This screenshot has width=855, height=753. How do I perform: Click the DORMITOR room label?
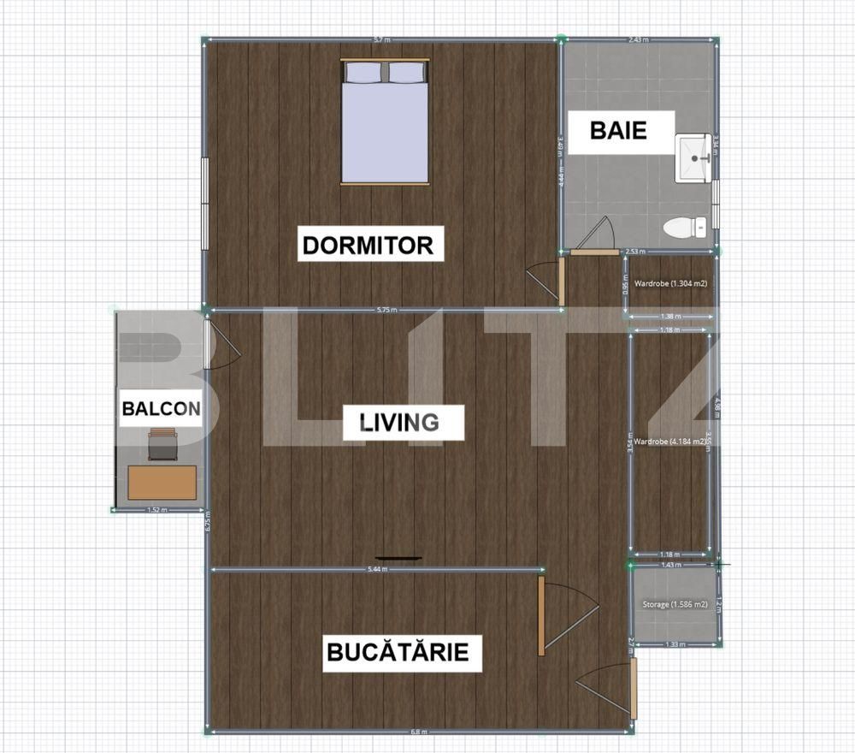[369, 245]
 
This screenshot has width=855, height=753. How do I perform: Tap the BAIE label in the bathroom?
[618, 131]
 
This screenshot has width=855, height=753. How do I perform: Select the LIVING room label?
[399, 422]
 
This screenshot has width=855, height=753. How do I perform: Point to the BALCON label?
[161, 408]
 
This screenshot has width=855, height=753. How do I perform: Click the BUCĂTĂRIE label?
[398, 652]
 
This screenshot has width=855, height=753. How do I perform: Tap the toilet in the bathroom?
[684, 228]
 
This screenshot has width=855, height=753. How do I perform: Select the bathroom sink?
[693, 158]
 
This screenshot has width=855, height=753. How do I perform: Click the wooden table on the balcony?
[162, 483]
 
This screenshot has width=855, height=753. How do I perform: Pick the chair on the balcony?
[162, 444]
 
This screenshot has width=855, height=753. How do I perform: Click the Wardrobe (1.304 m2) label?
[669, 283]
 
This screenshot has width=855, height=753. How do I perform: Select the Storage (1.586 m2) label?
[675, 604]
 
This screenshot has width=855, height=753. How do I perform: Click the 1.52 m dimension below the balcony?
[156, 510]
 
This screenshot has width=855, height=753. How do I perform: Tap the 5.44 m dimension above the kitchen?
[377, 570]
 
